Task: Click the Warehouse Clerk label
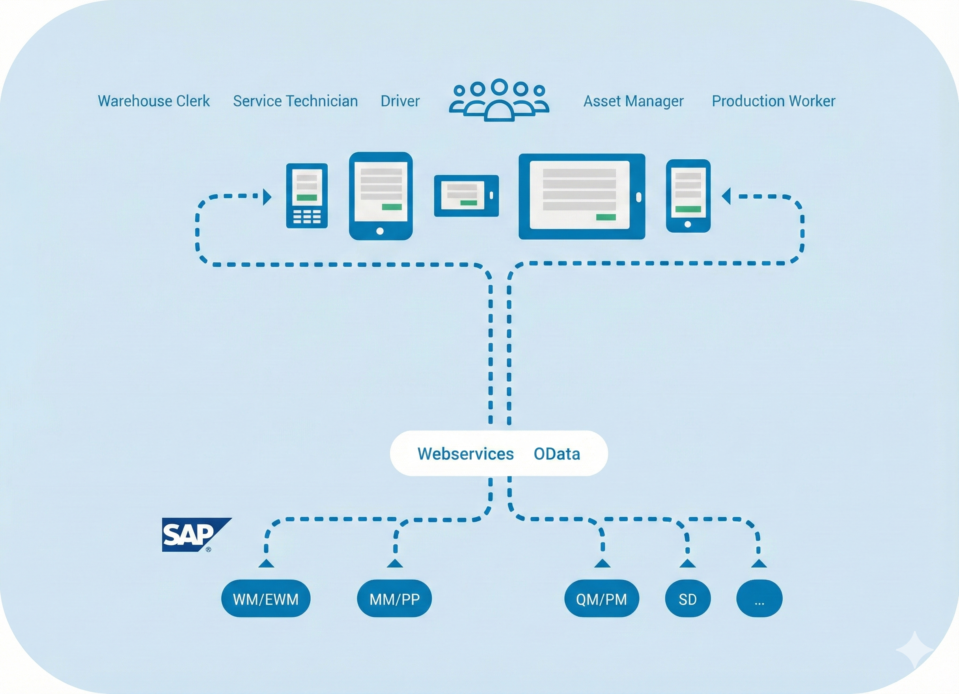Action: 153,101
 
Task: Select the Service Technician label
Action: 295,101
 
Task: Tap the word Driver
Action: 399,101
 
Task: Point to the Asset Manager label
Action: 633,101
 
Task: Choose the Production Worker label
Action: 773,101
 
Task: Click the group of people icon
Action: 499,100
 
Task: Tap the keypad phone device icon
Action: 306,196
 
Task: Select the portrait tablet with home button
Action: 381,196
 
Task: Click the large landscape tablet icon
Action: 581,196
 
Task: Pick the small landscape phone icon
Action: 466,196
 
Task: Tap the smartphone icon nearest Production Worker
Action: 688,196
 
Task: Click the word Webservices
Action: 465,454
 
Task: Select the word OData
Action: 556,454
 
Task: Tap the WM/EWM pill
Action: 265,599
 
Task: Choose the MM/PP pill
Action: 394,599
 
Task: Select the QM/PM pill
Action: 601,599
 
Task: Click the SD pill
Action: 688,599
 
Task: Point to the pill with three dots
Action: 759,599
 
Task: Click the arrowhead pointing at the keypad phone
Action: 267,197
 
